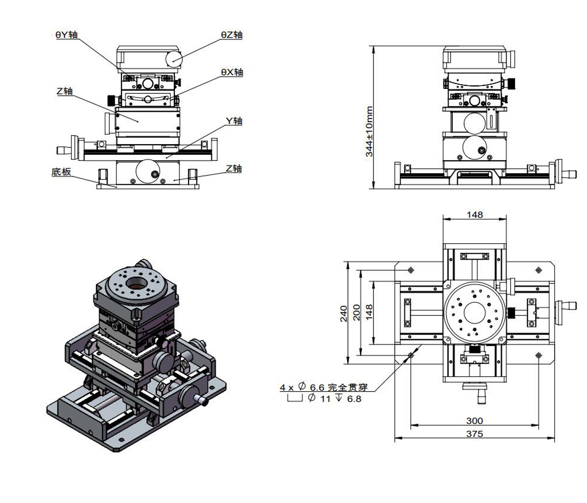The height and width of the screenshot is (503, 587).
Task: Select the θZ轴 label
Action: point(232,35)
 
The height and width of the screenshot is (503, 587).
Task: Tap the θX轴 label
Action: point(232,72)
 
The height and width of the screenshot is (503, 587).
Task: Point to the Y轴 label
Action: point(234,121)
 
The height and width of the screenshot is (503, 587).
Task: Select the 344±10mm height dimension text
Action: point(369,131)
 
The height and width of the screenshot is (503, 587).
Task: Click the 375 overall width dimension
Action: point(474,434)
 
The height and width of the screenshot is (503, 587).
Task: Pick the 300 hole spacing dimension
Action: point(474,420)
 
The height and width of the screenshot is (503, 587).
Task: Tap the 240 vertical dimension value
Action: point(343,313)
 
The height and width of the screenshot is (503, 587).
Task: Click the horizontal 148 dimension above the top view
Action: point(474,214)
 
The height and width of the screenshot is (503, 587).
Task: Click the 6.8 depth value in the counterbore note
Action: point(353,399)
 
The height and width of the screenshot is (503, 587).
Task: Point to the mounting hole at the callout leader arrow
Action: point(412,355)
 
